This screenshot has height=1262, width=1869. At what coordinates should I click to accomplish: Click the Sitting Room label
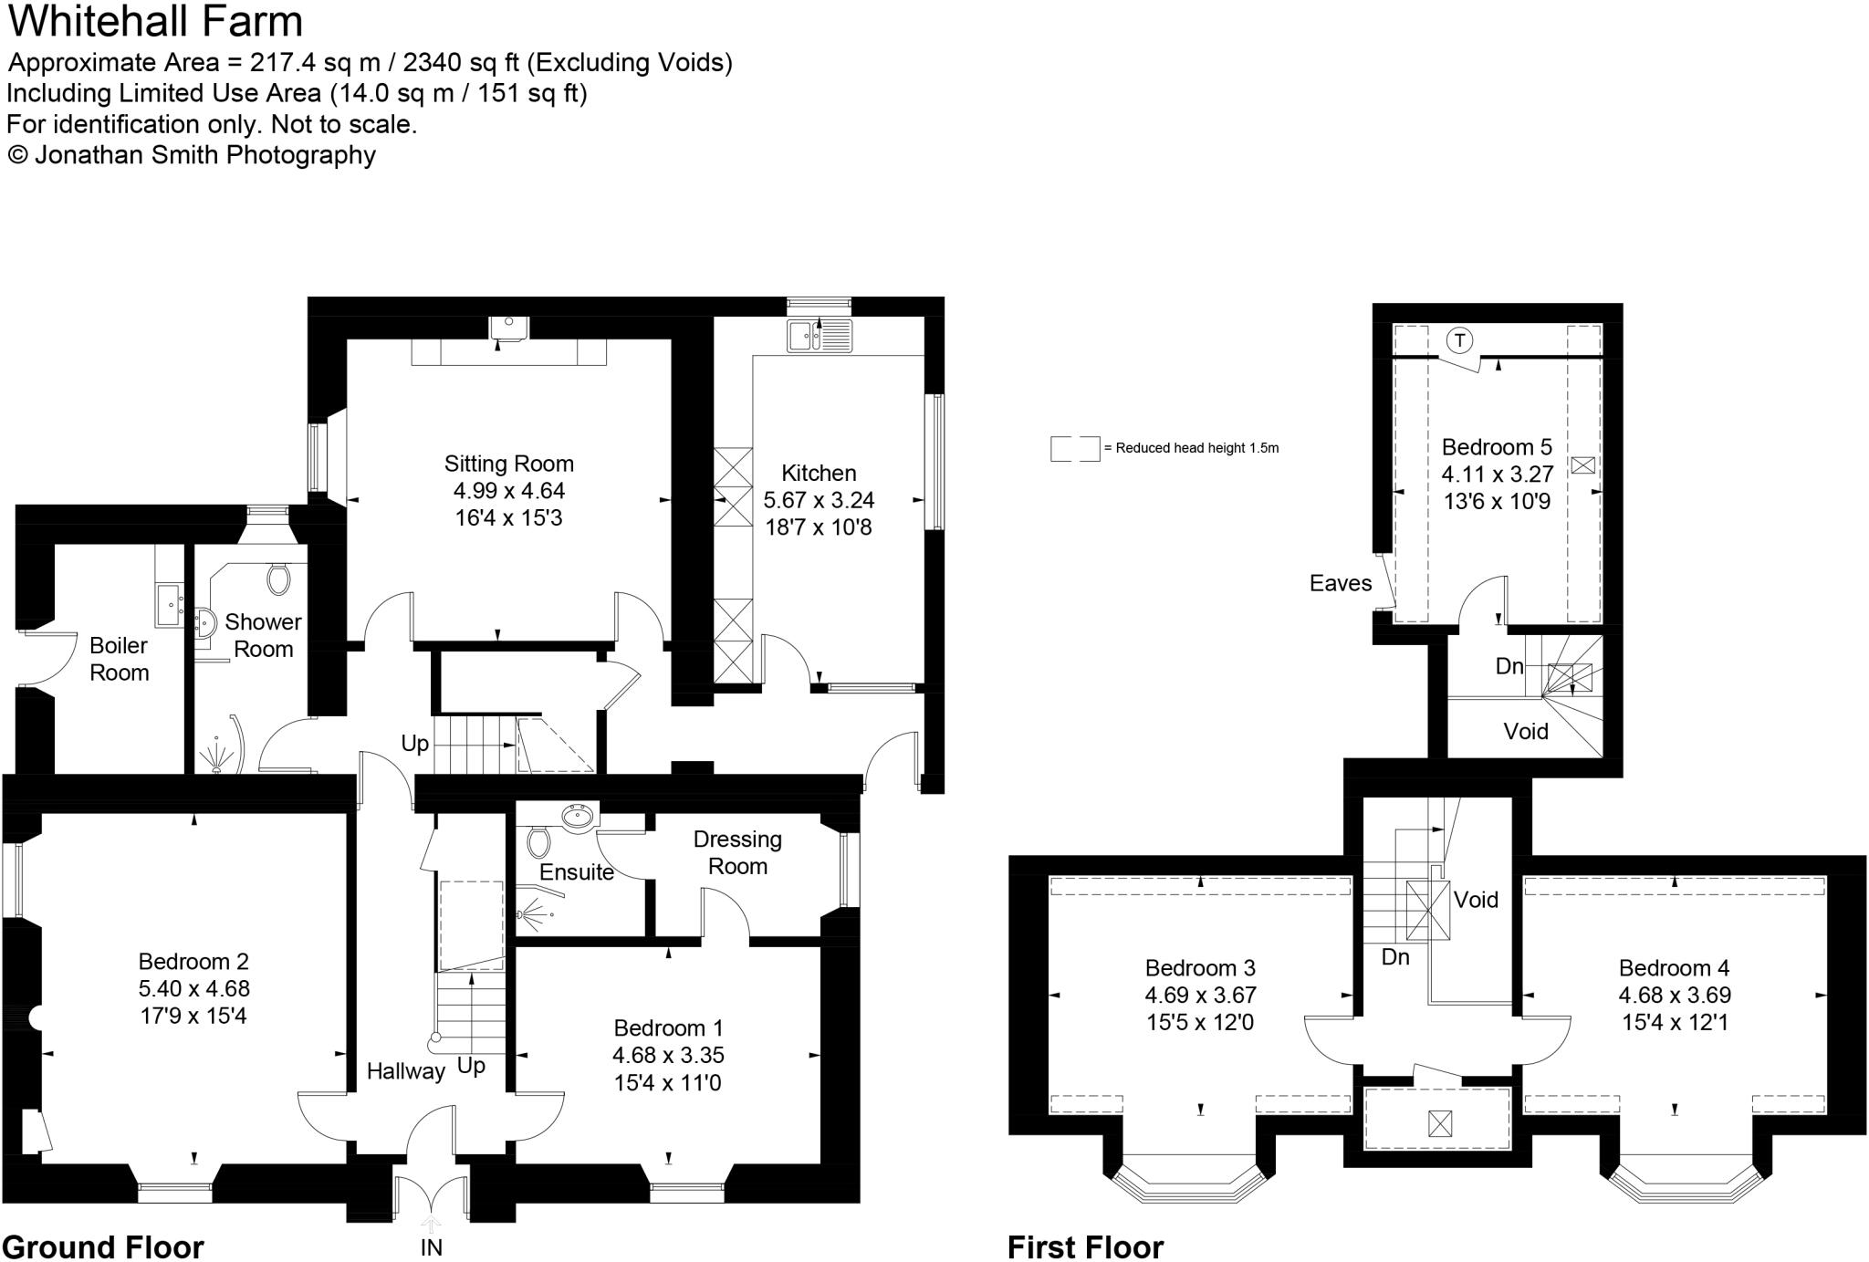(508, 464)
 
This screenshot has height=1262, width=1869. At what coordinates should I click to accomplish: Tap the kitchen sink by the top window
(819, 336)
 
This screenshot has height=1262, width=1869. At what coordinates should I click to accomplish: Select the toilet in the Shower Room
(278, 577)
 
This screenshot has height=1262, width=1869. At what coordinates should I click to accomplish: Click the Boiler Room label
(119, 659)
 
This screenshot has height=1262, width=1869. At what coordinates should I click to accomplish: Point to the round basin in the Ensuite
(578, 817)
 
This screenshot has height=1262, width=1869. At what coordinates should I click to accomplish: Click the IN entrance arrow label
(431, 1247)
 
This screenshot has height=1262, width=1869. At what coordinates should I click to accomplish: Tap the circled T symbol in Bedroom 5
(1460, 341)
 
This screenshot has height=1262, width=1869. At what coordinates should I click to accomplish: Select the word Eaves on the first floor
(1340, 583)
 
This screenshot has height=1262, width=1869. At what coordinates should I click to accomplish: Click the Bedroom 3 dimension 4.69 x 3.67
(1200, 996)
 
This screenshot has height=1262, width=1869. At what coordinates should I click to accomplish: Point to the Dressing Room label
(737, 852)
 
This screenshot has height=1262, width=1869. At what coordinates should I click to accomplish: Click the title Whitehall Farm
(155, 22)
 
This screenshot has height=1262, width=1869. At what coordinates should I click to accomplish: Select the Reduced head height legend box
(1074, 448)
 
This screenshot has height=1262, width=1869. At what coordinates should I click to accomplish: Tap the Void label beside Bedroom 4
(1476, 900)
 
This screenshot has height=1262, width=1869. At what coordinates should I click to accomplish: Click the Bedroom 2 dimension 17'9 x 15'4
(193, 1016)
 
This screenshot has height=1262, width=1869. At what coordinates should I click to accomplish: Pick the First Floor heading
(1085, 1246)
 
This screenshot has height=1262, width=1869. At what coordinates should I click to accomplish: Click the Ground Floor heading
(103, 1246)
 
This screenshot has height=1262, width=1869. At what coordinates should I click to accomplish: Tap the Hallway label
(405, 1071)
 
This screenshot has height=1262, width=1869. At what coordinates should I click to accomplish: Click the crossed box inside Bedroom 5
(1582, 465)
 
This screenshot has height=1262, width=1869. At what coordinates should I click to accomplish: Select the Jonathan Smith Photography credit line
(192, 155)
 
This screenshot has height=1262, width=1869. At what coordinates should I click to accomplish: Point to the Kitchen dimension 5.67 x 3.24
(819, 500)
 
